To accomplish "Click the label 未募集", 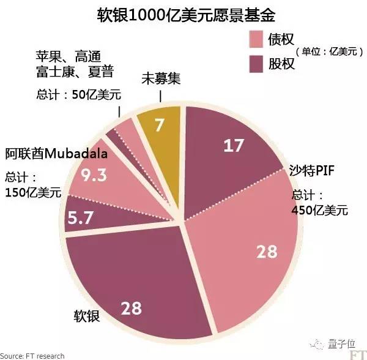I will coord(160,78).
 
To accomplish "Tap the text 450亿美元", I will coord(319,211).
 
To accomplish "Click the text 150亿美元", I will coord(33,192).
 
